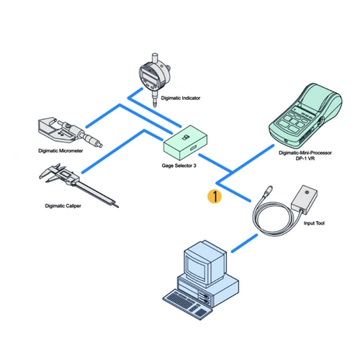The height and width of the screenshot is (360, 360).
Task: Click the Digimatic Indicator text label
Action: [181, 98]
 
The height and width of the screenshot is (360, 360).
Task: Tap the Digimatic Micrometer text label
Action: [60, 150]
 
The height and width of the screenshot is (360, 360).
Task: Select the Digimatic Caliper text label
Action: [63, 206]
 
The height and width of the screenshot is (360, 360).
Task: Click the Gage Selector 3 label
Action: [179, 166]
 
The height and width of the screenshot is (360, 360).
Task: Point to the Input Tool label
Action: [314, 223]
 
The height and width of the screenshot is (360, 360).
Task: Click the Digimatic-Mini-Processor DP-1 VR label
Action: [305, 156]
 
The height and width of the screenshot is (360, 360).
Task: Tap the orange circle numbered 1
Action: [215, 197]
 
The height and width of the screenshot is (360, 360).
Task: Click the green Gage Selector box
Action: [185, 143]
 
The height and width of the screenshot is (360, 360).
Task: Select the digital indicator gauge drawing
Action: [155, 79]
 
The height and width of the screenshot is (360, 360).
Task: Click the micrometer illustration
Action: [70, 132]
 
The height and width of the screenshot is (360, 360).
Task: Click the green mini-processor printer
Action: [305, 116]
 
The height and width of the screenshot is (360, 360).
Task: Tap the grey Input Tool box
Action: [304, 199]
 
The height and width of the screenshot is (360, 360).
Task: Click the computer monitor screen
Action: [196, 267]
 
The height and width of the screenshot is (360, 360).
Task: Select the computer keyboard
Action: [188, 304]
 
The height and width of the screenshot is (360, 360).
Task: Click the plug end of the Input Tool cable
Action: [267, 191]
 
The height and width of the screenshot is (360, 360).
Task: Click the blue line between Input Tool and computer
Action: [244, 243]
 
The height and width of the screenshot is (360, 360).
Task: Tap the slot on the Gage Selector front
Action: [193, 148]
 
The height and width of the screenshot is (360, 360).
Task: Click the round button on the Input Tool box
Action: [307, 192]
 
